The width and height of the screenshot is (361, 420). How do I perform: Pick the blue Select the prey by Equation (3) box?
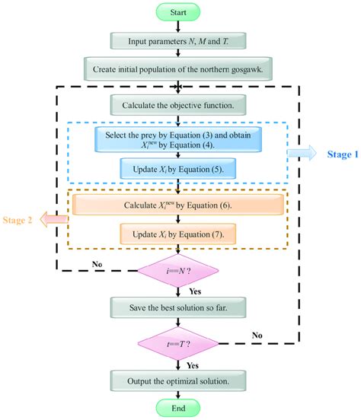[x=177, y=138]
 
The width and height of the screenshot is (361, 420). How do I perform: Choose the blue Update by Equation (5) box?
[x=177, y=170]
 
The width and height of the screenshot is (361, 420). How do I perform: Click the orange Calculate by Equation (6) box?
[x=177, y=205]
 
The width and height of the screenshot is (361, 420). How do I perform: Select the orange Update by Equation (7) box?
[x=177, y=234]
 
